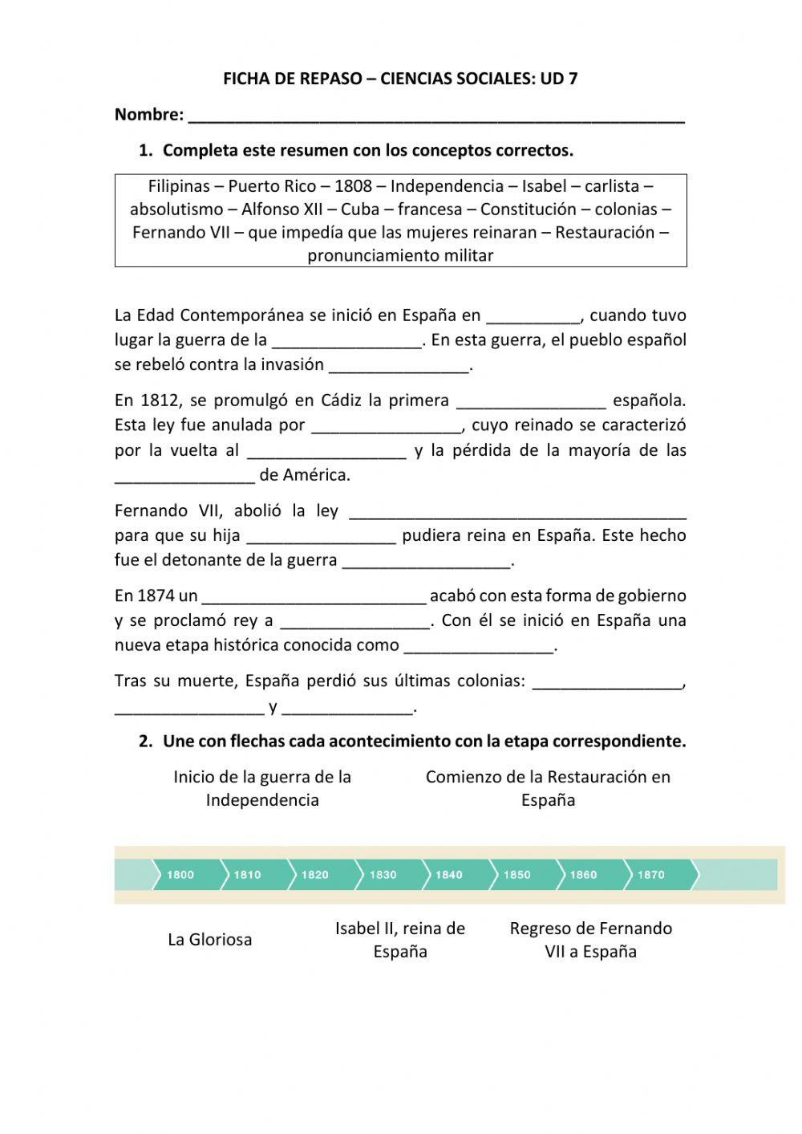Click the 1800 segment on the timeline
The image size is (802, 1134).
coord(181,875)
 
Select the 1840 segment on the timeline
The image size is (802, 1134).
coord(450,875)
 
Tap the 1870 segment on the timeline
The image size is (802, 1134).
coord(652,875)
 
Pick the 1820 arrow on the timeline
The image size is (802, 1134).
coord(316,875)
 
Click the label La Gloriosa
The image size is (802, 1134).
coord(210,940)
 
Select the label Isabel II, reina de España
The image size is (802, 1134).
coord(400,940)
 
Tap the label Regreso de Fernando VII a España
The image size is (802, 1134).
coord(591,940)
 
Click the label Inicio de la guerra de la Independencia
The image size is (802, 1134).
coord(262,788)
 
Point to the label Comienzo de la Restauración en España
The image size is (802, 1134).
coord(548,788)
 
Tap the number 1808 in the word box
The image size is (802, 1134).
coord(353,186)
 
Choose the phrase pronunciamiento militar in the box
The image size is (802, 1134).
coord(400,256)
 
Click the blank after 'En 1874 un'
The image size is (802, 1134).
coord(314,597)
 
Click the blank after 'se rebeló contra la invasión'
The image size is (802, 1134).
coord(399,366)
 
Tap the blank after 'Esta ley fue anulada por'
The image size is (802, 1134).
coord(386,426)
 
